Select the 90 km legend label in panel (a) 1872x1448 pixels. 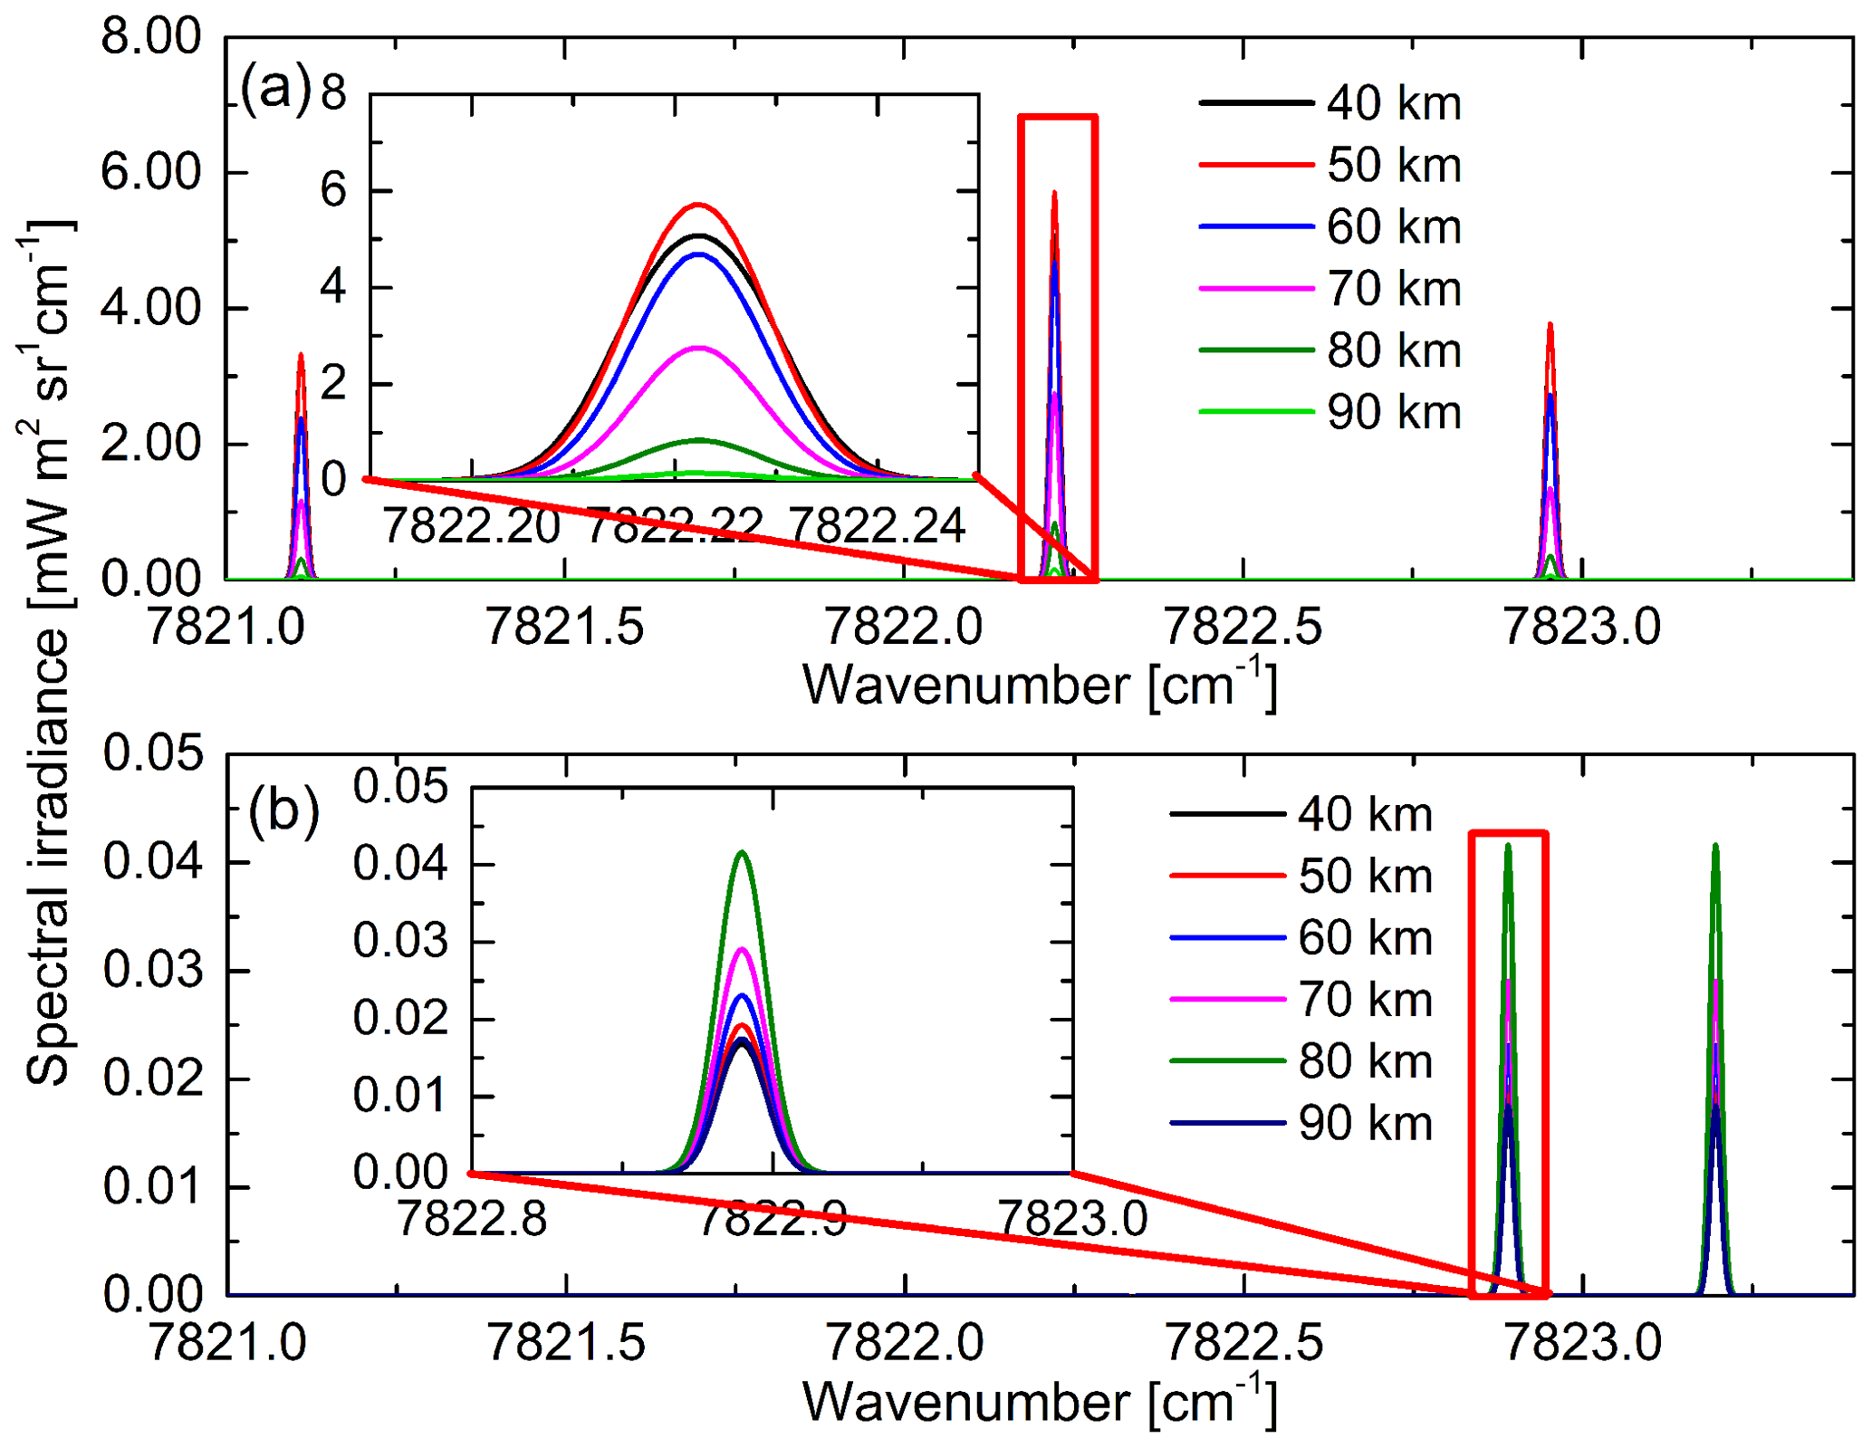pos(1394,413)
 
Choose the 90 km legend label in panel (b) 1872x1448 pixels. pos(1365,1124)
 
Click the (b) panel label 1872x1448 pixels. pos(283,809)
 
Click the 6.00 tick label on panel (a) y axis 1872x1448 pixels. pos(151,172)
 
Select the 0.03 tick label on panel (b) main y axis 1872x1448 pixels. pos(153,970)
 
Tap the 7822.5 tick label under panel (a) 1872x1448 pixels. pos(1243,627)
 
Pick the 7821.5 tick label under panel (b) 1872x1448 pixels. pos(566,1342)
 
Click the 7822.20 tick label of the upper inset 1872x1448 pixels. pos(471,525)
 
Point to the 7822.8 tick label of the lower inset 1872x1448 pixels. pos(472,1218)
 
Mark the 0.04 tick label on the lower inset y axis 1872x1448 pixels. pos(400,863)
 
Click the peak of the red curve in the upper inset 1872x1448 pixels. pos(698,205)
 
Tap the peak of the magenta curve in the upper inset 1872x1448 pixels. pos(698,348)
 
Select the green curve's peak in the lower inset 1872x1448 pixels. pos(742,852)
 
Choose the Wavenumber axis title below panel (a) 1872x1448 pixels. pos(1039,686)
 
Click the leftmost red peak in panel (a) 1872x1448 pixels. pos(301,356)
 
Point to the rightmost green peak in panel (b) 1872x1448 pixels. pos(1714,846)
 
